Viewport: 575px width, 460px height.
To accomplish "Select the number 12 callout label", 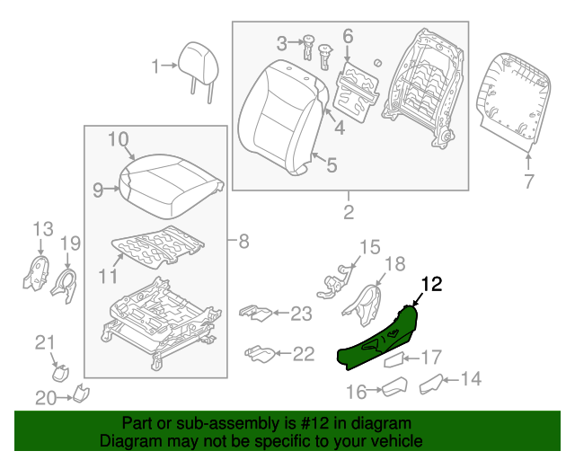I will tap(431, 285).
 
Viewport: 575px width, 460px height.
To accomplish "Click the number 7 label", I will tap(528, 182).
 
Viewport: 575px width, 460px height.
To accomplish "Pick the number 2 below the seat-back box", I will tap(348, 213).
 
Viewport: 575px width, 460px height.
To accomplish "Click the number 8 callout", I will tap(242, 241).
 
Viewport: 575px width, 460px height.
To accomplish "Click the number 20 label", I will tap(45, 397).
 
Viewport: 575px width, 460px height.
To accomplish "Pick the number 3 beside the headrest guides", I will tap(281, 42).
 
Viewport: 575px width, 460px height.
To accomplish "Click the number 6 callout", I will tap(348, 37).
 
